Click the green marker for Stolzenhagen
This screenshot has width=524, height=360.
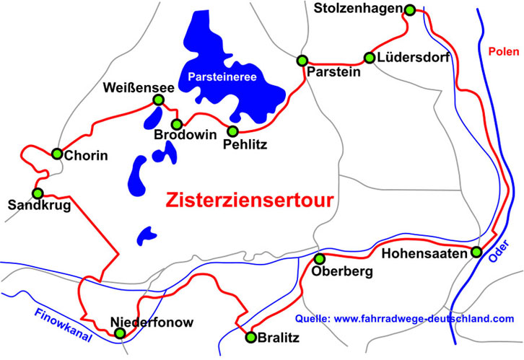pyautogui.click(x=410, y=9)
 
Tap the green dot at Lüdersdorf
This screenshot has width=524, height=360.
pyautogui.click(x=370, y=58)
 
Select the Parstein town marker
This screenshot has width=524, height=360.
pyautogui.click(x=302, y=60)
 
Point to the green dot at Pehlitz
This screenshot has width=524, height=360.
pyautogui.click(x=232, y=131)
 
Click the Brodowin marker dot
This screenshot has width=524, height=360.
pyautogui.click(x=176, y=123)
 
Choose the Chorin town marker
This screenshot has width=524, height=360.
pyautogui.click(x=57, y=153)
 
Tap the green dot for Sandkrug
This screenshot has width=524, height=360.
pyautogui.click(x=38, y=193)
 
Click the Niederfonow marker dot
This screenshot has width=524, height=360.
pyautogui.click(x=120, y=333)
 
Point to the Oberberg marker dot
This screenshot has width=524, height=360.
pyautogui.click(x=320, y=258)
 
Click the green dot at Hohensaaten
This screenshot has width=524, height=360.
pyautogui.click(x=476, y=252)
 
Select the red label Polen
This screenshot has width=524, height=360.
pyautogui.click(x=503, y=52)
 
